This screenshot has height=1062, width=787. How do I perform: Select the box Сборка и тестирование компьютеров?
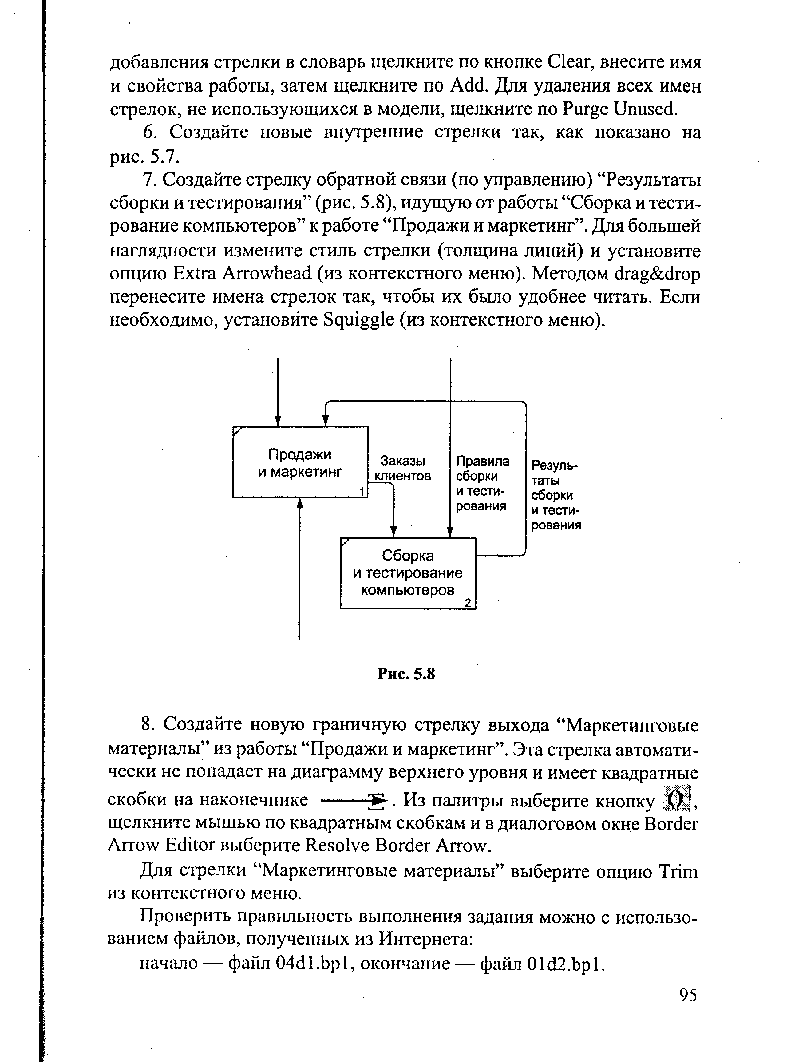[408, 573]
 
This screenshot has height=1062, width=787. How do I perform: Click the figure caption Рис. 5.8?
[406, 674]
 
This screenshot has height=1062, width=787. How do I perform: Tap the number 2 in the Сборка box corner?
[468, 603]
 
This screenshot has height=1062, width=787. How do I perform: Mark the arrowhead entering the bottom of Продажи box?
[300, 503]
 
